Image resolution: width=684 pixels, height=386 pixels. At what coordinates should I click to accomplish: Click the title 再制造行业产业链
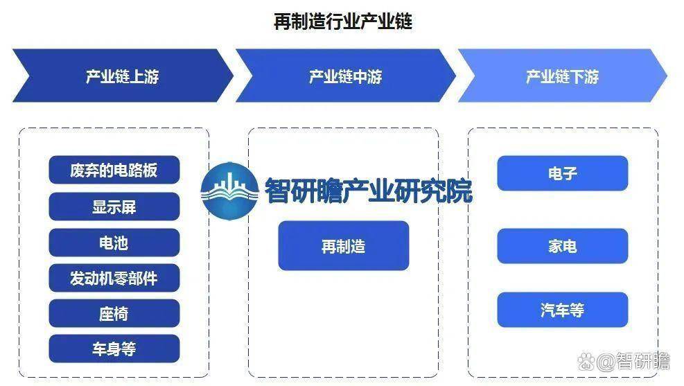tap(343, 21)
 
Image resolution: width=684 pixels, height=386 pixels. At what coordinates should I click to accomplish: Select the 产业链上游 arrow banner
tap(123, 76)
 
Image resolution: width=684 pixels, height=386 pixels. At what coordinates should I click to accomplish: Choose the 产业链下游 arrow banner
tap(562, 76)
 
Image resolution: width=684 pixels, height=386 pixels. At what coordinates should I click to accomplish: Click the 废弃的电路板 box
tap(114, 170)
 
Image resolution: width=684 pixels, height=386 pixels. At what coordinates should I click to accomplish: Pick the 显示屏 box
tap(114, 207)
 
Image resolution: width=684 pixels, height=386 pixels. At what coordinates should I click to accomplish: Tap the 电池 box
tap(114, 243)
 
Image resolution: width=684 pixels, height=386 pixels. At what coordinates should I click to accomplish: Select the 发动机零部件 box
tap(114, 278)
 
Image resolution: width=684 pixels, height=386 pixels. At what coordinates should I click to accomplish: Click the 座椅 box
tap(114, 313)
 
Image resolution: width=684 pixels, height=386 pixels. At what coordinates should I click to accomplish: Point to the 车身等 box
tap(114, 349)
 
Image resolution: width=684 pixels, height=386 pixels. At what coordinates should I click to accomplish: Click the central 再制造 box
tap(344, 246)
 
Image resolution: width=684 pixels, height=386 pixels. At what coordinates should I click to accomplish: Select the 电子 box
tap(563, 173)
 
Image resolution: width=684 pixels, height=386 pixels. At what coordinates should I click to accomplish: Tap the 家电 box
tap(563, 246)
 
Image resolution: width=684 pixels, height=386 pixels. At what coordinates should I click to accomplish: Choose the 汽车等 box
tap(563, 310)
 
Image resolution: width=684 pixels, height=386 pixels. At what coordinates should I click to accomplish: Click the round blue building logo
tap(230, 191)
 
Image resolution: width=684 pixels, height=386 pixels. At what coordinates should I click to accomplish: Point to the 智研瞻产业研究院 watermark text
tap(369, 191)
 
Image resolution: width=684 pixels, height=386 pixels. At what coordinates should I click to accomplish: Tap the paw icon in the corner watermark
tap(586, 362)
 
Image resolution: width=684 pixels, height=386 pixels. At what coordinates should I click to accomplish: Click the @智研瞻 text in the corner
tap(633, 362)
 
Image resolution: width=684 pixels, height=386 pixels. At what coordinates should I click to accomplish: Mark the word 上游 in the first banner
tap(144, 76)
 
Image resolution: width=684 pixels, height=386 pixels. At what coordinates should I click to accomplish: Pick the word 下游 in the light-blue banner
tap(584, 77)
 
